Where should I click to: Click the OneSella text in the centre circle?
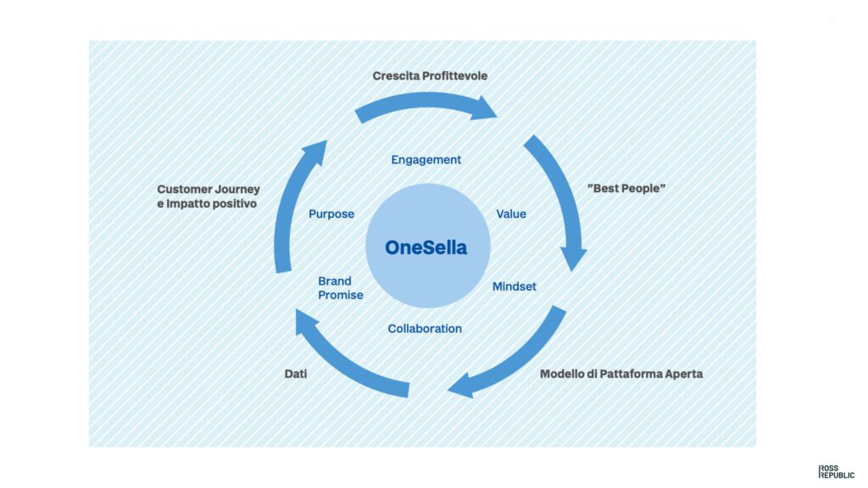426,247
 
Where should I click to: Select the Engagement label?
426,160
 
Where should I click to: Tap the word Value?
511,214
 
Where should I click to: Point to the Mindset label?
515,286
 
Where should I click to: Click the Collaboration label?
425,329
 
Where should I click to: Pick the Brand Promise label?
341,288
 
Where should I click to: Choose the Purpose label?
331,214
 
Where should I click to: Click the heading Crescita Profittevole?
430,75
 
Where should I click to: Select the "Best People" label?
626,188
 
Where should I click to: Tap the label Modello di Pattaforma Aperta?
621,374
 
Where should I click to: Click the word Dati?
296,374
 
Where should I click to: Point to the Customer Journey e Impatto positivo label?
209,197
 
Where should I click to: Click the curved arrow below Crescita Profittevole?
426,102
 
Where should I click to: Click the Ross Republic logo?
836,471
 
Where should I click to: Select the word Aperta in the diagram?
684,374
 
